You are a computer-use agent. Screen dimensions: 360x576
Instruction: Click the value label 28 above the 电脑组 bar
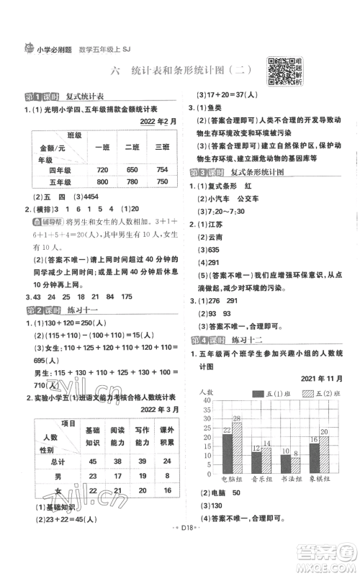237,426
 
